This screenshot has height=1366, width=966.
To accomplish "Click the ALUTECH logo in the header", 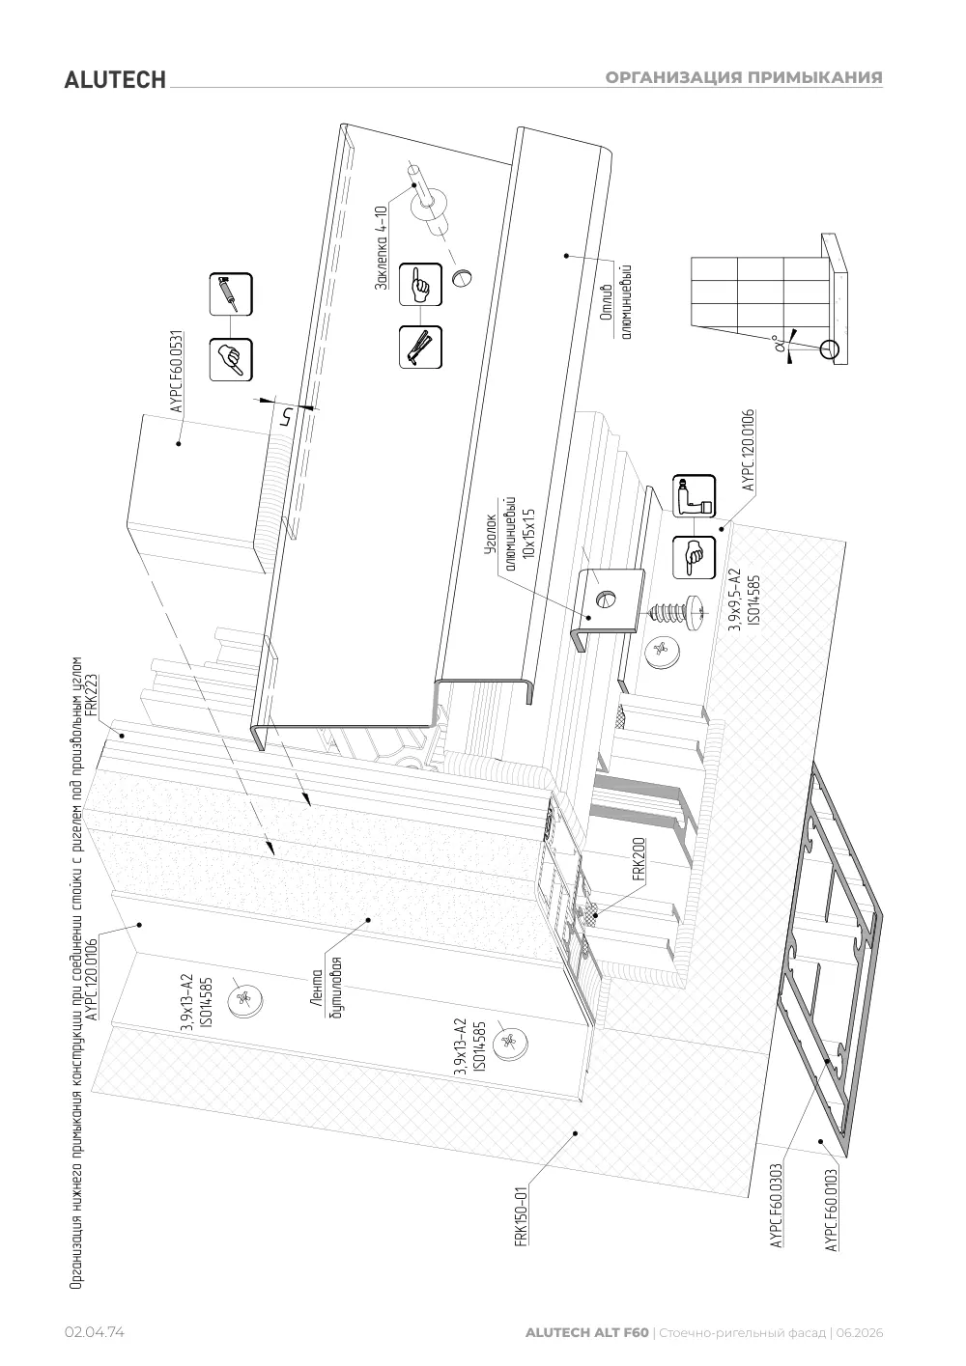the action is [115, 80].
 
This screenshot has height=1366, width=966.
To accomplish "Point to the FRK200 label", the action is [639, 860].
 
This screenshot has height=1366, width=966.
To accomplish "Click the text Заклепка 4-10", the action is [381, 247].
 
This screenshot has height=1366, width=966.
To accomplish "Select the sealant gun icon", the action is [231, 294].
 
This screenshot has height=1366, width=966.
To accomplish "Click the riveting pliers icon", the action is [420, 348].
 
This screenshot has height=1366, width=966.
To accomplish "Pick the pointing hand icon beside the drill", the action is [694, 557].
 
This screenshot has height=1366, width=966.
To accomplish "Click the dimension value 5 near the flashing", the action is [284, 417].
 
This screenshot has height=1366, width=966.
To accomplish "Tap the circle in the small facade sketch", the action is [829, 350].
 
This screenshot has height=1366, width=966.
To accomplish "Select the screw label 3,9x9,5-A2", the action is [735, 599].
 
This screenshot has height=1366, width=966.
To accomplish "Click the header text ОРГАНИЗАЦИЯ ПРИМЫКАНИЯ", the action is [744, 77].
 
